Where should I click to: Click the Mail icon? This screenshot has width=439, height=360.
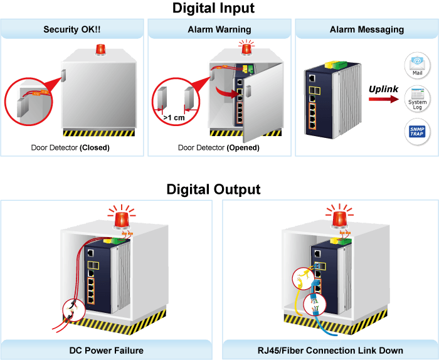pyautogui.click(x=417, y=65)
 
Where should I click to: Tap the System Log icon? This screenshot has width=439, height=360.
pyautogui.click(x=417, y=99)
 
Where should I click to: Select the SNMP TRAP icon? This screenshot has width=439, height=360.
pyautogui.click(x=417, y=131)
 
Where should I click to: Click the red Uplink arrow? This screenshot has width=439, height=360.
pyautogui.click(x=384, y=99)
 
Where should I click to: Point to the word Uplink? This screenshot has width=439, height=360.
pyautogui.click(x=383, y=89)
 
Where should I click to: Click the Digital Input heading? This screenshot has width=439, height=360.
pyautogui.click(x=213, y=8)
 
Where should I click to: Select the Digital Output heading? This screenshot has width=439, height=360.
pyautogui.click(x=213, y=189)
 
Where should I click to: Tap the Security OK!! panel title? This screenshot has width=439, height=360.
pyautogui.click(x=72, y=29)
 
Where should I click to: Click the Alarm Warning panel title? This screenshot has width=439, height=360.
pyautogui.click(x=219, y=29)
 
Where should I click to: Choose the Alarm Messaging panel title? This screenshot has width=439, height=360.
pyautogui.click(x=367, y=29)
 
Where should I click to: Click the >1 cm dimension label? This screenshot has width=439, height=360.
pyautogui.click(x=174, y=117)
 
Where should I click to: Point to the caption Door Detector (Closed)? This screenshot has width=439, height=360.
pyautogui.click(x=70, y=147)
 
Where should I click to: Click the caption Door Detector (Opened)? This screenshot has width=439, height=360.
pyautogui.click(x=219, y=147)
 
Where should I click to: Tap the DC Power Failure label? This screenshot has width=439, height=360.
pyautogui.click(x=107, y=351)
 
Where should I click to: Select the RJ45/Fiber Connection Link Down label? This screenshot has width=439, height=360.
pyautogui.click(x=331, y=351)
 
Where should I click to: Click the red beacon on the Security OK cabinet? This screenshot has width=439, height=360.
pyautogui.click(x=100, y=50)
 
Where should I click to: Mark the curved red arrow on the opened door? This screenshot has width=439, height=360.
pyautogui.click(x=227, y=93)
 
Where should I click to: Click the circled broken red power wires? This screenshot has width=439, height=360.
pyautogui.click(x=73, y=310)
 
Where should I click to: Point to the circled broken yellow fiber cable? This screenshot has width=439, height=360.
pyautogui.click(x=303, y=278)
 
